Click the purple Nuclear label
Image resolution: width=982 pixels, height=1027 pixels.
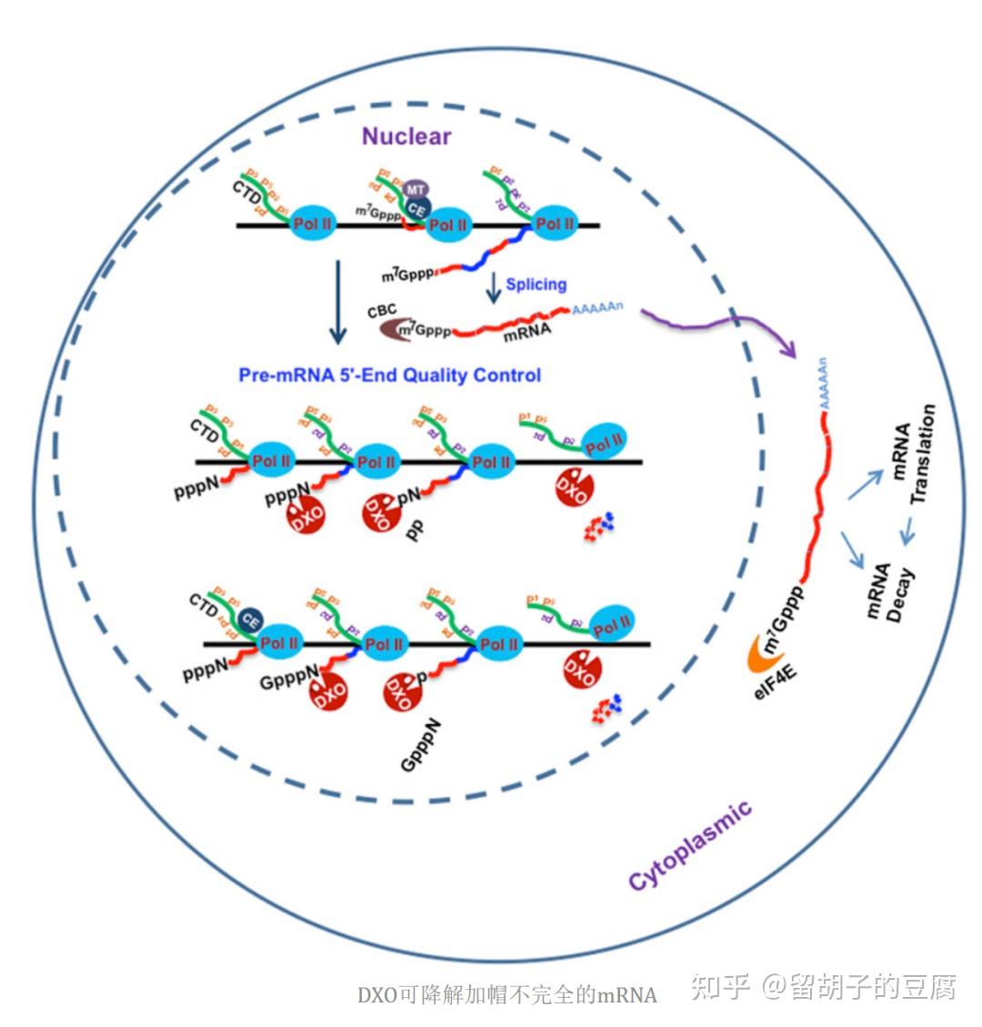click(406, 136)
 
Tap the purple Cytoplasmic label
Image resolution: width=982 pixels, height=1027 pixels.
click(690, 846)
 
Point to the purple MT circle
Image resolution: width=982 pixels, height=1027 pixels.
click(416, 189)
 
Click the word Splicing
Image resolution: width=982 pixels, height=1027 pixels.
click(536, 284)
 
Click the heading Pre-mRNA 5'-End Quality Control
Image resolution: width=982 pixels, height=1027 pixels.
click(389, 375)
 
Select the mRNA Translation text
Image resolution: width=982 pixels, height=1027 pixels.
click(912, 454)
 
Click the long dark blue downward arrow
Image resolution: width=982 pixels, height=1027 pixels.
click(337, 302)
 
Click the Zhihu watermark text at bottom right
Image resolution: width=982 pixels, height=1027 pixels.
click(823, 986)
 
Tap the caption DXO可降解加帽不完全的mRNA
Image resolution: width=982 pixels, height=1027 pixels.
click(506, 994)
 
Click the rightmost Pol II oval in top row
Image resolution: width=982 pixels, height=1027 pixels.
click(555, 224)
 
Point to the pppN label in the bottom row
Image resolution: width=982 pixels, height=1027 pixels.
click(205, 671)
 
